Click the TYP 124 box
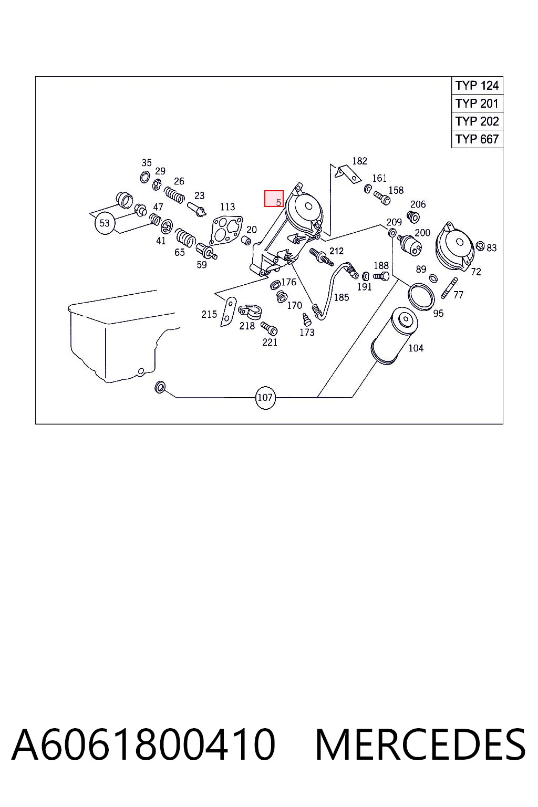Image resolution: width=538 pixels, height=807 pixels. coord(477,86)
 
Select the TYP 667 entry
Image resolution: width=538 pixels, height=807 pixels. coord(477,139)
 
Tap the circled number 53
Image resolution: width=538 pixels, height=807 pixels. coord(105,223)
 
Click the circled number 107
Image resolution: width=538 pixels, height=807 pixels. coord(265,398)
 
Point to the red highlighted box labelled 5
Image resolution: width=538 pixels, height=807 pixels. coord(274,199)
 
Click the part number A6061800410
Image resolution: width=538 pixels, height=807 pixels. coord(143,744)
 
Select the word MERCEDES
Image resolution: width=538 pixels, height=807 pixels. coord(420,744)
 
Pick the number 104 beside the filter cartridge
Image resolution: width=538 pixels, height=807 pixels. coord(416,348)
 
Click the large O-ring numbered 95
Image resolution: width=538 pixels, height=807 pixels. coord(421,296)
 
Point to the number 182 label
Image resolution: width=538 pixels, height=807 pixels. coord(359,161)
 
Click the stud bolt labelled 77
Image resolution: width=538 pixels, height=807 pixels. coord(449,288)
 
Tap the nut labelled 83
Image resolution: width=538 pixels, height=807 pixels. coord(480,246)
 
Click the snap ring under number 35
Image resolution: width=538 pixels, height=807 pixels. coord(145,177)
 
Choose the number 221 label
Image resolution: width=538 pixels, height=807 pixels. coord(270,342)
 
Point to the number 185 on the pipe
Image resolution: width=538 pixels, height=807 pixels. coord(342,297)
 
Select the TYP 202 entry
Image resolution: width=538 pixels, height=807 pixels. coord(477,121)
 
